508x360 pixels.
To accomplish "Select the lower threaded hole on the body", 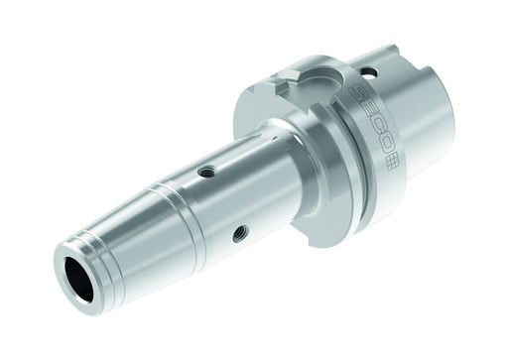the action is (x=239, y=234).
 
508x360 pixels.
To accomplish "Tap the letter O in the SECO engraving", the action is (x=385, y=146).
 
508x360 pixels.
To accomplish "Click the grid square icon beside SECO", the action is (x=393, y=162).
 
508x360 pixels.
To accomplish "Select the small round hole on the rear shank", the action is (x=368, y=72).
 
